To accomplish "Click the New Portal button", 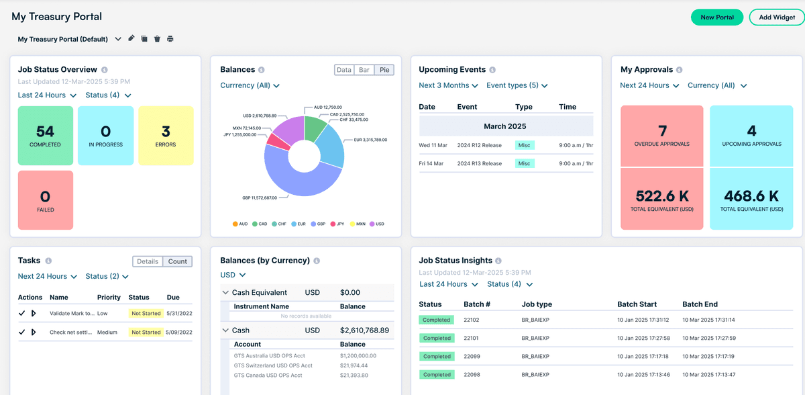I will pyautogui.click(x=716, y=17).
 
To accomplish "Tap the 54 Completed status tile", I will pyautogui.click(x=45, y=135).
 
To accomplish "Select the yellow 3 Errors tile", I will pyautogui.click(x=166, y=135).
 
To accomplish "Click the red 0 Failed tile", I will pyautogui.click(x=45, y=200).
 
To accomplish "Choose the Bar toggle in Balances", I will pyautogui.click(x=364, y=70).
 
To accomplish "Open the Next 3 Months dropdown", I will pyautogui.click(x=448, y=85).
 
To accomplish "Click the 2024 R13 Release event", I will pyautogui.click(x=479, y=163).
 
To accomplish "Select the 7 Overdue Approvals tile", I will pyautogui.click(x=662, y=136).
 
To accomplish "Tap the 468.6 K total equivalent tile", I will pyautogui.click(x=751, y=200).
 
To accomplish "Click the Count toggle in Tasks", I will pyautogui.click(x=177, y=261).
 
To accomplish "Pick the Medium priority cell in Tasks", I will pyautogui.click(x=107, y=332).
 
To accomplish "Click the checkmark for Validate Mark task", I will pyautogui.click(x=22, y=313).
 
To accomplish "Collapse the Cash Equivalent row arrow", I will pyautogui.click(x=225, y=293).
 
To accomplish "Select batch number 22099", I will pyautogui.click(x=472, y=356).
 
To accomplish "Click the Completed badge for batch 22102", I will pyautogui.click(x=437, y=320).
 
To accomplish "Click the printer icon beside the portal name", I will pyautogui.click(x=170, y=39).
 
